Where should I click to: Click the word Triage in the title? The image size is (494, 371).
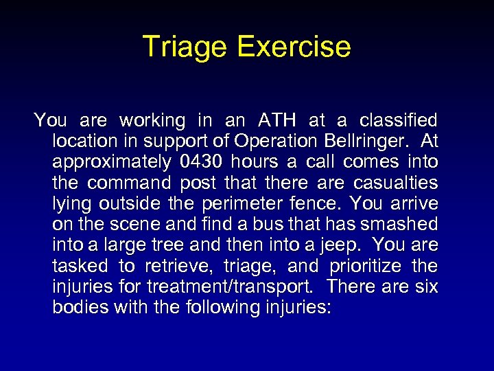coord(185,47)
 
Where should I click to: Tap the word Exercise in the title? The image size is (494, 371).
coord(294,47)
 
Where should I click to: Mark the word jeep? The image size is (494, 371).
coord(354,245)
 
